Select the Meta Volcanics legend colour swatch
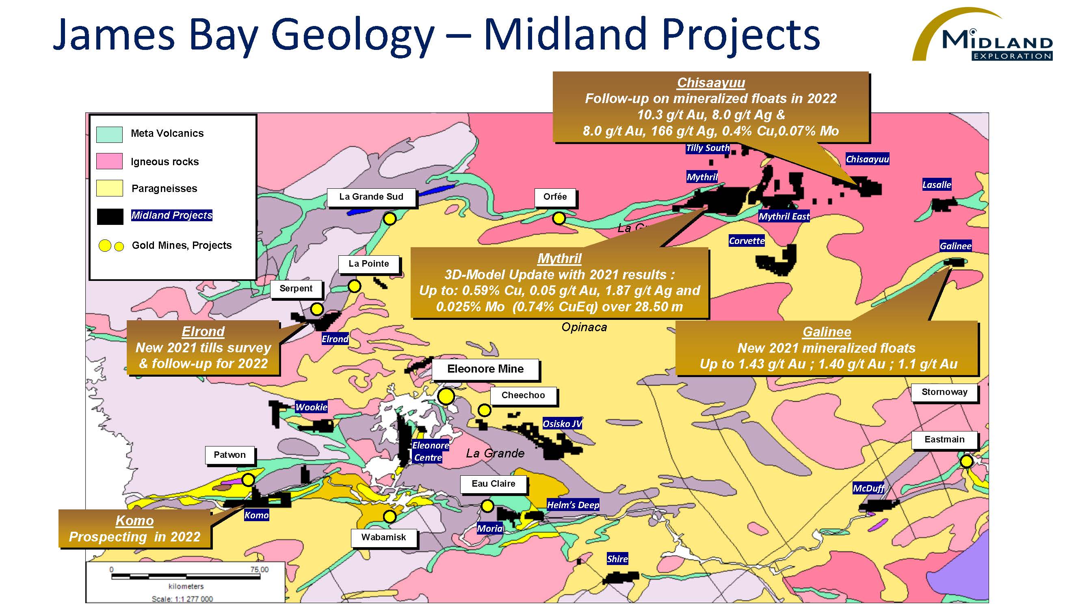click(x=109, y=134)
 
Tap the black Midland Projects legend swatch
click(x=110, y=217)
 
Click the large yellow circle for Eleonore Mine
click(x=446, y=396)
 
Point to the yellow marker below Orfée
click(x=558, y=218)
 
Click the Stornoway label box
click(x=944, y=392)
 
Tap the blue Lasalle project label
click(x=937, y=184)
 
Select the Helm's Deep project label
click(x=573, y=505)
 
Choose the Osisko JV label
click(x=563, y=423)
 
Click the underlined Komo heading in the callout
click(x=135, y=520)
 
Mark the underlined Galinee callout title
click(x=827, y=332)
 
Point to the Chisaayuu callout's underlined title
click(x=711, y=82)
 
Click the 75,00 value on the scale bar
click(x=260, y=569)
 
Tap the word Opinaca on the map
click(x=584, y=327)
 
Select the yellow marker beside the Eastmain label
click(x=967, y=461)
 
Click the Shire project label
click(x=617, y=559)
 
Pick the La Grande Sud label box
click(x=371, y=197)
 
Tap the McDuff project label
click(x=868, y=488)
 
